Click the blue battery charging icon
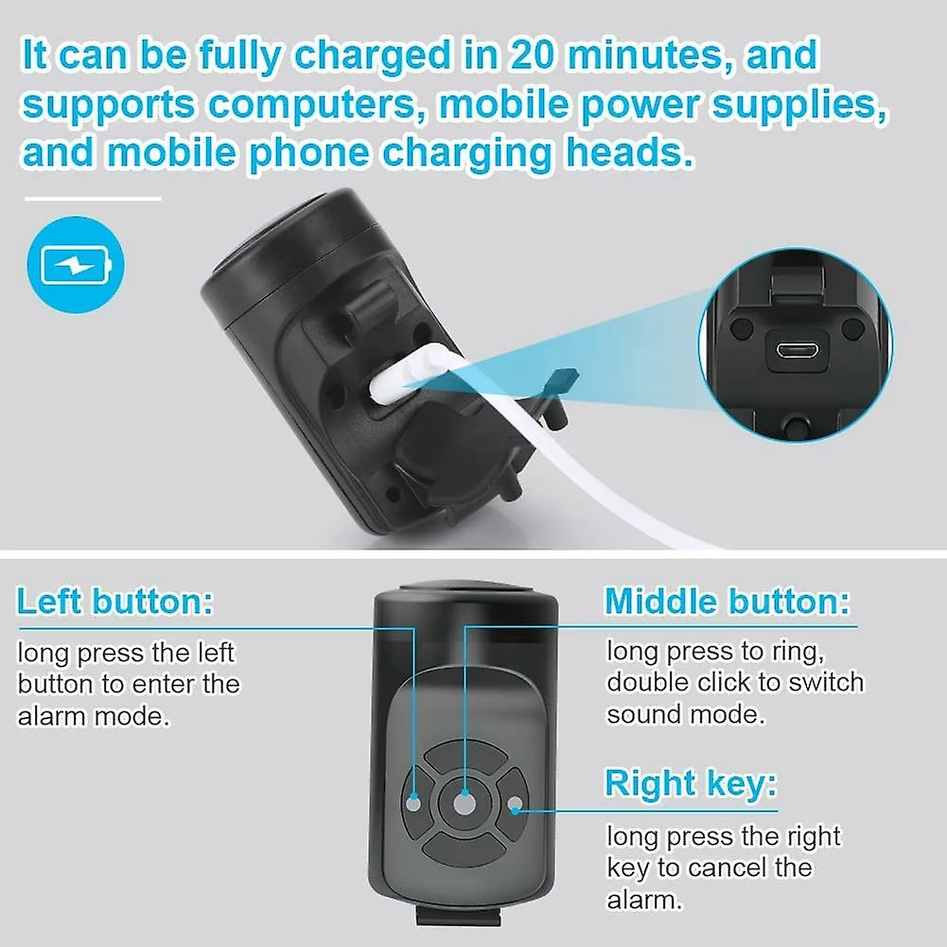click(76, 265)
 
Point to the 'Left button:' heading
click(114, 601)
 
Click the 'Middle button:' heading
click(728, 601)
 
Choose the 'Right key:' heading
click(691, 783)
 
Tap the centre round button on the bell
click(464, 803)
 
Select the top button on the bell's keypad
click(465, 758)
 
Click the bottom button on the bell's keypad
click(465, 850)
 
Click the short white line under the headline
click(93, 198)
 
